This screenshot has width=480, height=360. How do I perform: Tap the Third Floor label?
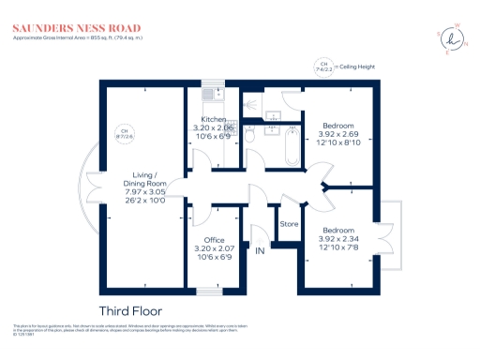coord(130,310)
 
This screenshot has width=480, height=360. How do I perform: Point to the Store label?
coord(290,224)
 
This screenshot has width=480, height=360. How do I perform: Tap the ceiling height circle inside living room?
coord(120,133)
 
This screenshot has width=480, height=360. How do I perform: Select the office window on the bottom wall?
coord(211,290)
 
